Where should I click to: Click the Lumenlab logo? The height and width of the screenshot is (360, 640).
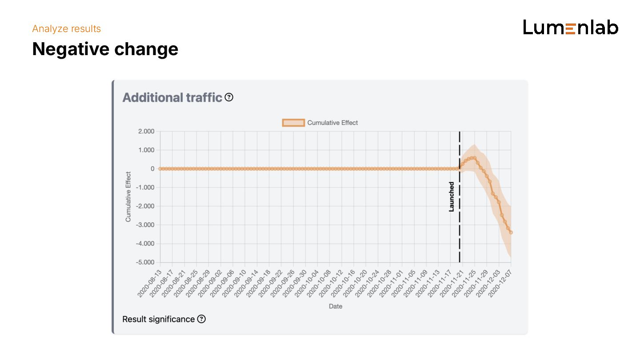pyautogui.click(x=571, y=28)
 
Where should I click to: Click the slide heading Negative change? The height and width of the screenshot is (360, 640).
pyautogui.click(x=105, y=49)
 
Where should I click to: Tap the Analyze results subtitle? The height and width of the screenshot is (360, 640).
pyautogui.click(x=67, y=29)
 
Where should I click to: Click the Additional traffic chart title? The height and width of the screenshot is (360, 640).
pyautogui.click(x=172, y=97)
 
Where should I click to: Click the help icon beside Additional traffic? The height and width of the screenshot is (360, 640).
pyautogui.click(x=229, y=97)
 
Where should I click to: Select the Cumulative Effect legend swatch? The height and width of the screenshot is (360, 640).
pyautogui.click(x=293, y=123)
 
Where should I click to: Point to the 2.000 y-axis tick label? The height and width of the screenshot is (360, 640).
pyautogui.click(x=146, y=131)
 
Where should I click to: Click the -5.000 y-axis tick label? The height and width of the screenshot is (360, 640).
pyautogui.click(x=145, y=262)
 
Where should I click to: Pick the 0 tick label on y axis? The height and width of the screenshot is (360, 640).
pyautogui.click(x=152, y=168)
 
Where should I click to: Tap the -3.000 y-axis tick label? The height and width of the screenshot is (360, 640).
pyautogui.click(x=145, y=225)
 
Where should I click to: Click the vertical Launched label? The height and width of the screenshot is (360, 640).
pyautogui.click(x=452, y=196)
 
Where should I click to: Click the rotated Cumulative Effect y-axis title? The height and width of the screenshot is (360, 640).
pyautogui.click(x=128, y=196)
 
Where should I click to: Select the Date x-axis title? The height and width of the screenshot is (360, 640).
pyautogui.click(x=336, y=306)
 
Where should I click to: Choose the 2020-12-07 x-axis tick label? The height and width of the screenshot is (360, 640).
pyautogui.click(x=500, y=284)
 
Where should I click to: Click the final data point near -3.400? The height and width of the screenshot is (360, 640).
pyautogui.click(x=511, y=232)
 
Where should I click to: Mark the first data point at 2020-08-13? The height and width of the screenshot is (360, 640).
pyautogui.click(x=160, y=168)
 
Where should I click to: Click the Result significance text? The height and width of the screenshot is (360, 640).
pyautogui.click(x=158, y=319)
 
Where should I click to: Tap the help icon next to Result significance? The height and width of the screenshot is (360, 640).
pyautogui.click(x=201, y=319)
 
